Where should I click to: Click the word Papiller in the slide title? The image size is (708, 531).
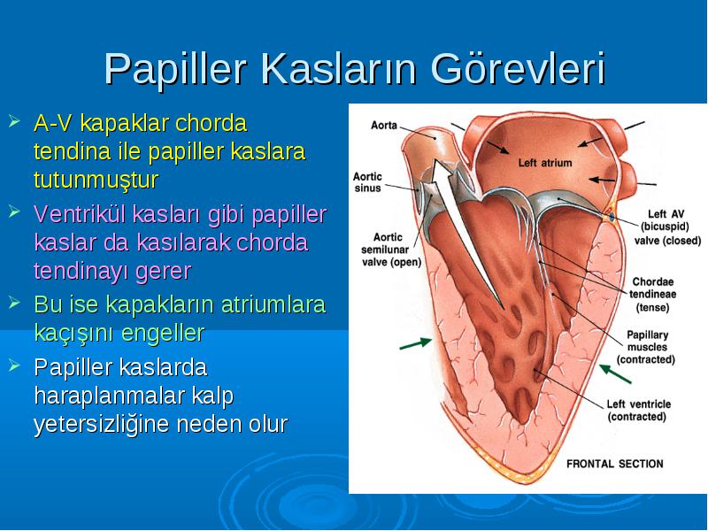coord(175,70)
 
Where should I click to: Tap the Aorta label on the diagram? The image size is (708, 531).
coord(384,125)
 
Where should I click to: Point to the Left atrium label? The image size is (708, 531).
coord(545,163)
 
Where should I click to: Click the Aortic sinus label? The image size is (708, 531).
coord(367,182)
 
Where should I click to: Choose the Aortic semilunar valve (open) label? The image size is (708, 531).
coord(391,250)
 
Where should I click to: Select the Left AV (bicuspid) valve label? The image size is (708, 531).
coord(667,227)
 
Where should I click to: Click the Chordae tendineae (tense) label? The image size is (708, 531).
coord(653,295)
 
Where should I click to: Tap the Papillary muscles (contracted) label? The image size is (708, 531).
coord(646,347)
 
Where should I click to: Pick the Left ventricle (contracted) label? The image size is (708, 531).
coord(638,410)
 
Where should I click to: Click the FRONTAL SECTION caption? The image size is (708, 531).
coord(615,464)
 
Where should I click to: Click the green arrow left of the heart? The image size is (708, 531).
coord(416,343)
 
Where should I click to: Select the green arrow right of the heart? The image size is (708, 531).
coord(615,373)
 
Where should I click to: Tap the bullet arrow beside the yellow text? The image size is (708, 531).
coord(14,121)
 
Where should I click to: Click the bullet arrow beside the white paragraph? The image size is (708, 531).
coord(14,365)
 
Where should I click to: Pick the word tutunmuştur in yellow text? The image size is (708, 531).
coord(96,180)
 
